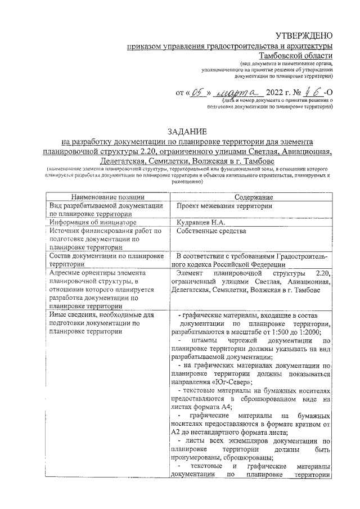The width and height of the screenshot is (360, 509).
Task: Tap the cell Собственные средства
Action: [x=211, y=231]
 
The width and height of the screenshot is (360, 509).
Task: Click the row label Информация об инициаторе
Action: [x=92, y=222]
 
